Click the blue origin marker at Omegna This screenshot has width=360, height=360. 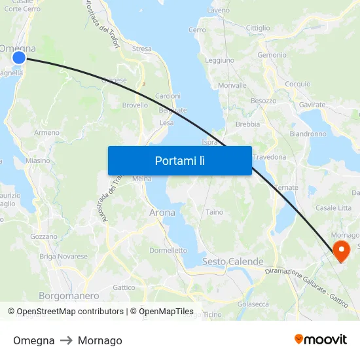pos(19,58)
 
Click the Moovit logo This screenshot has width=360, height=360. pos(321,340)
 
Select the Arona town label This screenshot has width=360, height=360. pos(162,213)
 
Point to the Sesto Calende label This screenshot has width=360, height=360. pos(232,261)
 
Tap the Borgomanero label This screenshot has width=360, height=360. pos(69,296)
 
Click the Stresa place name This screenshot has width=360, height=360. pos(141,49)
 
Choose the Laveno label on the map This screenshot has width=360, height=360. pos(218,11)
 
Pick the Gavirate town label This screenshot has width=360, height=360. pos(312,105)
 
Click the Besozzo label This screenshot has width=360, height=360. pos(263,101)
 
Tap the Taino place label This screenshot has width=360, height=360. pos(215,212)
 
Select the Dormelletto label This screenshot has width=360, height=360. pos(168,250)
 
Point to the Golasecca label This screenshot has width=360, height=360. pos(253,304)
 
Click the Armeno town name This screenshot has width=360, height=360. pos(46,132)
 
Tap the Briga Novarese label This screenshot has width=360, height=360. pos(63,257)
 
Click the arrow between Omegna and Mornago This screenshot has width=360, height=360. pos(66,340)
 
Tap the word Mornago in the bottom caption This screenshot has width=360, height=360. pos(99,340)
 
